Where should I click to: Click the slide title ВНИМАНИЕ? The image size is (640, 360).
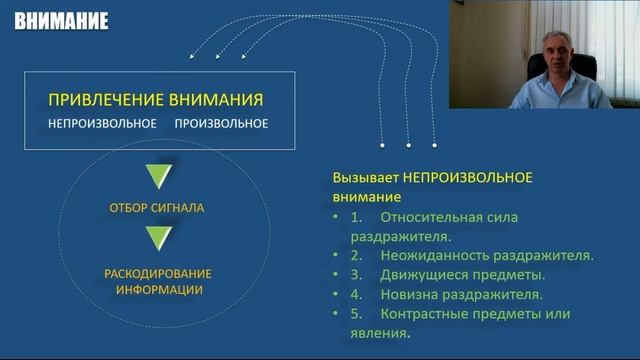(62, 19)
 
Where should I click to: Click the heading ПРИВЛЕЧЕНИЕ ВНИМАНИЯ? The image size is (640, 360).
(155, 100)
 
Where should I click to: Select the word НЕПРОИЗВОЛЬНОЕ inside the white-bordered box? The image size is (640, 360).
(102, 124)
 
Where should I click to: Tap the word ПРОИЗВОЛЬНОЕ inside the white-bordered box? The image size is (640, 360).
(221, 124)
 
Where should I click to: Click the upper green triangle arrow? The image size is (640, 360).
(158, 178)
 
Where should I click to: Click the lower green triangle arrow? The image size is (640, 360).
(158, 238)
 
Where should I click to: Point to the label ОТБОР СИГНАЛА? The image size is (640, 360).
(157, 209)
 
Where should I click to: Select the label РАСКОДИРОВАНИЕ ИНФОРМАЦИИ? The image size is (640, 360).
(157, 281)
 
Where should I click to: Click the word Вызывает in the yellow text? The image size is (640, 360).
(364, 177)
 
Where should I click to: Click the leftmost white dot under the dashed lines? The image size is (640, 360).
(383, 144)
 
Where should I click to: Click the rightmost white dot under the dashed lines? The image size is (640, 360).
(434, 144)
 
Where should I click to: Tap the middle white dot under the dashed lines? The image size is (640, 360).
(409, 144)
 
